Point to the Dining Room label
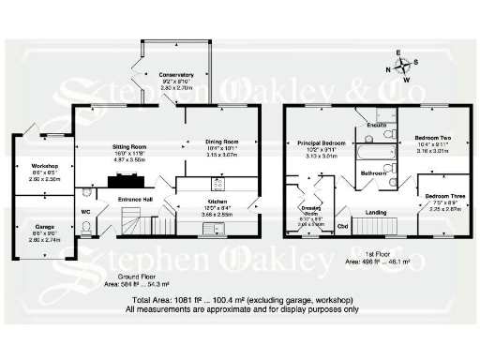coord(222,142)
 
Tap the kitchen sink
coord(217,225)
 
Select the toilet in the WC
coord(86,224)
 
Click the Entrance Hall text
coord(134,200)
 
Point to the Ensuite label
coord(378,125)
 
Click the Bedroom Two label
coord(432,138)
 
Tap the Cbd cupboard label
coord(342,226)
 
